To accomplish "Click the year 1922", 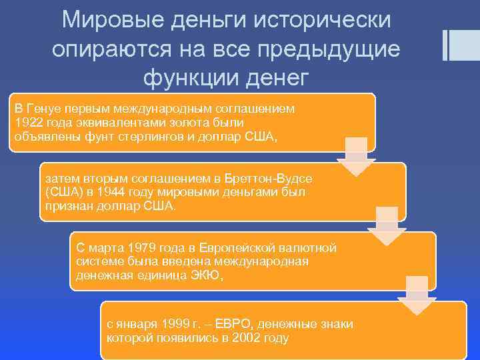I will (x=29, y=123).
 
